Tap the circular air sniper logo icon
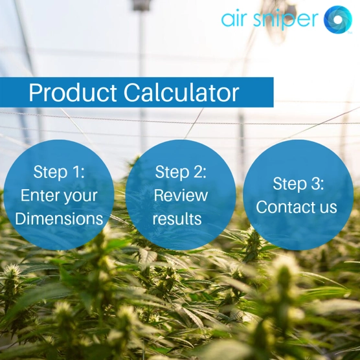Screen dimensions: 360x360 tap(337, 19)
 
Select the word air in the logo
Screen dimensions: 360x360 tap(236, 19)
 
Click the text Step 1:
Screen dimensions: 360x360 tap(59, 172)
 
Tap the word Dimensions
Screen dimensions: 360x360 tap(59, 219)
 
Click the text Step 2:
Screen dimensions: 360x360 tap(181, 172)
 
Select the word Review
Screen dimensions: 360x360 tap(181, 196)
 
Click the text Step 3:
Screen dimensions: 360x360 tap(298, 184)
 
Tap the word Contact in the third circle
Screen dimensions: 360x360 tap(287, 207)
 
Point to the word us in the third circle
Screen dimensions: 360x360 tap(328, 208)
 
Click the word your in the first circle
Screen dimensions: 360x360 tap(81, 196)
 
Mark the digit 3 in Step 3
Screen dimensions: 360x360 tap(317, 184)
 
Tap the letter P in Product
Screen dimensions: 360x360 tap(35, 93)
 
